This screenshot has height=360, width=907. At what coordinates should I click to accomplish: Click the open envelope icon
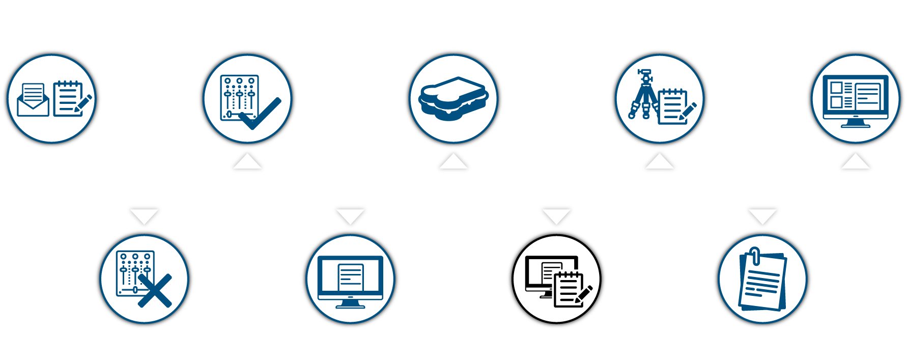pyautogui.click(x=33, y=100)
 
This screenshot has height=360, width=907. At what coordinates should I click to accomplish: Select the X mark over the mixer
pyautogui.click(x=155, y=291)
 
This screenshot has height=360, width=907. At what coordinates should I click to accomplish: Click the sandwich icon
pyautogui.click(x=453, y=98)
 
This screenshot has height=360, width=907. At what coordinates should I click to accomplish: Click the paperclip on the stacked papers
pyautogui.click(x=755, y=255)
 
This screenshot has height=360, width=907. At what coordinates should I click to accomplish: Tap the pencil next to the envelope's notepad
pyautogui.click(x=83, y=103)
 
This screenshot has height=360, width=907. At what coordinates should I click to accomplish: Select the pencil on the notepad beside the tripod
pyautogui.click(x=688, y=111)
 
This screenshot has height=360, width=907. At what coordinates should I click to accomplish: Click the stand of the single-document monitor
pyautogui.click(x=350, y=304)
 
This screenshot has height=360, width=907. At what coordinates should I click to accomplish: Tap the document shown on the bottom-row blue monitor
pyautogui.click(x=351, y=277)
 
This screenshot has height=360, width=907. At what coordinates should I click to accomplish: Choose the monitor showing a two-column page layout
pyautogui.click(x=855, y=99)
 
